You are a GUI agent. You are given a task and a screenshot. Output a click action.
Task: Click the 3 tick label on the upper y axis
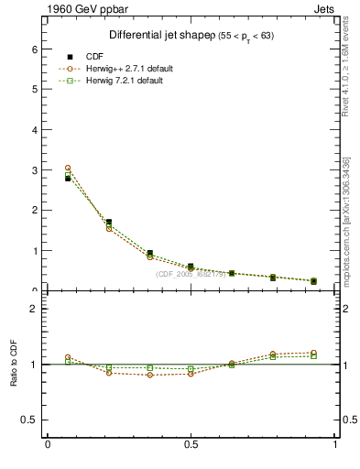36,170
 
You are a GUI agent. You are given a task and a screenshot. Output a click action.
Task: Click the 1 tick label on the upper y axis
36,250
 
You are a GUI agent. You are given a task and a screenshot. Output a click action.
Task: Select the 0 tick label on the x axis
48,445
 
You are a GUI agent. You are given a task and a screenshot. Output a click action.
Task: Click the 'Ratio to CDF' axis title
15,364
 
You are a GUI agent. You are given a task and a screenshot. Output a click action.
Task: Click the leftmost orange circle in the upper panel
68,169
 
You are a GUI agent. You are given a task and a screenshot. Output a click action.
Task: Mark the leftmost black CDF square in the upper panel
68,179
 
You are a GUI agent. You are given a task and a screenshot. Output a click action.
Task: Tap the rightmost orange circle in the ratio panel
313,353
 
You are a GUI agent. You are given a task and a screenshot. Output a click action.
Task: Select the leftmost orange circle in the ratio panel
68,357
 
